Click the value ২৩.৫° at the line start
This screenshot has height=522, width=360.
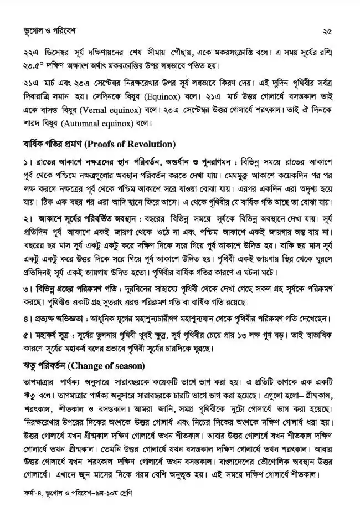tap(29, 66)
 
